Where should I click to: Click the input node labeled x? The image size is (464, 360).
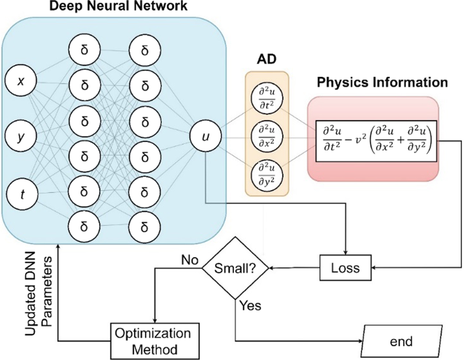point(21,81)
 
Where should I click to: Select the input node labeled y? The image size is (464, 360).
point(21,137)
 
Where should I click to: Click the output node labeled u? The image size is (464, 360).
point(205,137)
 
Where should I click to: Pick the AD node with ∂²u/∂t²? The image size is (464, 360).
point(267,98)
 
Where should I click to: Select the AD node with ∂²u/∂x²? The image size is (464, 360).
point(267,137)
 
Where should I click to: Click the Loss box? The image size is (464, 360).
point(345,268)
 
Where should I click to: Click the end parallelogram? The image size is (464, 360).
point(401,341)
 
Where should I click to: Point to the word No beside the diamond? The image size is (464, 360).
point(190,260)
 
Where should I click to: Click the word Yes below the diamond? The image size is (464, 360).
point(250,305)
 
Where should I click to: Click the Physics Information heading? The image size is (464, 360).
point(382,82)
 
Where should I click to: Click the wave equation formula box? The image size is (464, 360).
point(376,141)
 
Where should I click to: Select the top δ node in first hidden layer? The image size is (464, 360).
point(84,50)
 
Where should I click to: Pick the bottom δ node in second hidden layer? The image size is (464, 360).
point(144,227)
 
